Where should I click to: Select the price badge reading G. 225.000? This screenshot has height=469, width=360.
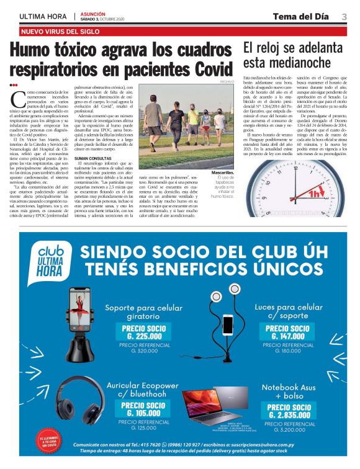[x=145, y=333]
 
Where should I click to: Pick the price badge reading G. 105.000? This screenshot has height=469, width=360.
[x=145, y=410]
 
